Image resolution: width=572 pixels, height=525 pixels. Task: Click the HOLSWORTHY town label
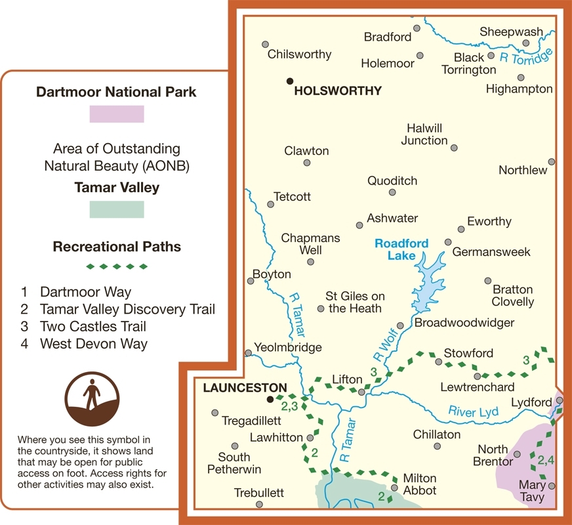(338, 91)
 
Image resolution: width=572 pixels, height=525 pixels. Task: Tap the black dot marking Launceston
(270, 398)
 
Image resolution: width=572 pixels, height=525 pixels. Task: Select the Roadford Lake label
(401, 249)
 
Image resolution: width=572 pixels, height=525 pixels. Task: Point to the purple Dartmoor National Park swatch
(117, 114)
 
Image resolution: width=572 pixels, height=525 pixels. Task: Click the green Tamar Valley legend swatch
(117, 209)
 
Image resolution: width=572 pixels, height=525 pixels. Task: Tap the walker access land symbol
(92, 400)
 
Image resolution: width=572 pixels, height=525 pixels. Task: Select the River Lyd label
(474, 411)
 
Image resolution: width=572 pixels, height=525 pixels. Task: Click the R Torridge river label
(525, 57)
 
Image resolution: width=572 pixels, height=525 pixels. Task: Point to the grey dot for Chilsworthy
(265, 45)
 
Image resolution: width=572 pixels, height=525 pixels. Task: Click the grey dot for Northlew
(552, 161)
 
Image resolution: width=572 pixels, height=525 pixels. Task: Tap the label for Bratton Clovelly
(513, 296)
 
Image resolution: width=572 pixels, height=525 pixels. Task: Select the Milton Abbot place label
(420, 484)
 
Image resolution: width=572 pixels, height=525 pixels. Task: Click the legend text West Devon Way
(94, 343)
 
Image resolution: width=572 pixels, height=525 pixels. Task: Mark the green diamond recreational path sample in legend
(117, 266)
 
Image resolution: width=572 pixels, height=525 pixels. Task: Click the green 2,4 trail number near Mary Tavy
(546, 461)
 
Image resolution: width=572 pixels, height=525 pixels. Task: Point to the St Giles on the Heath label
(355, 302)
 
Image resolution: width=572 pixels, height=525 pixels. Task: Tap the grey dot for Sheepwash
(525, 43)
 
